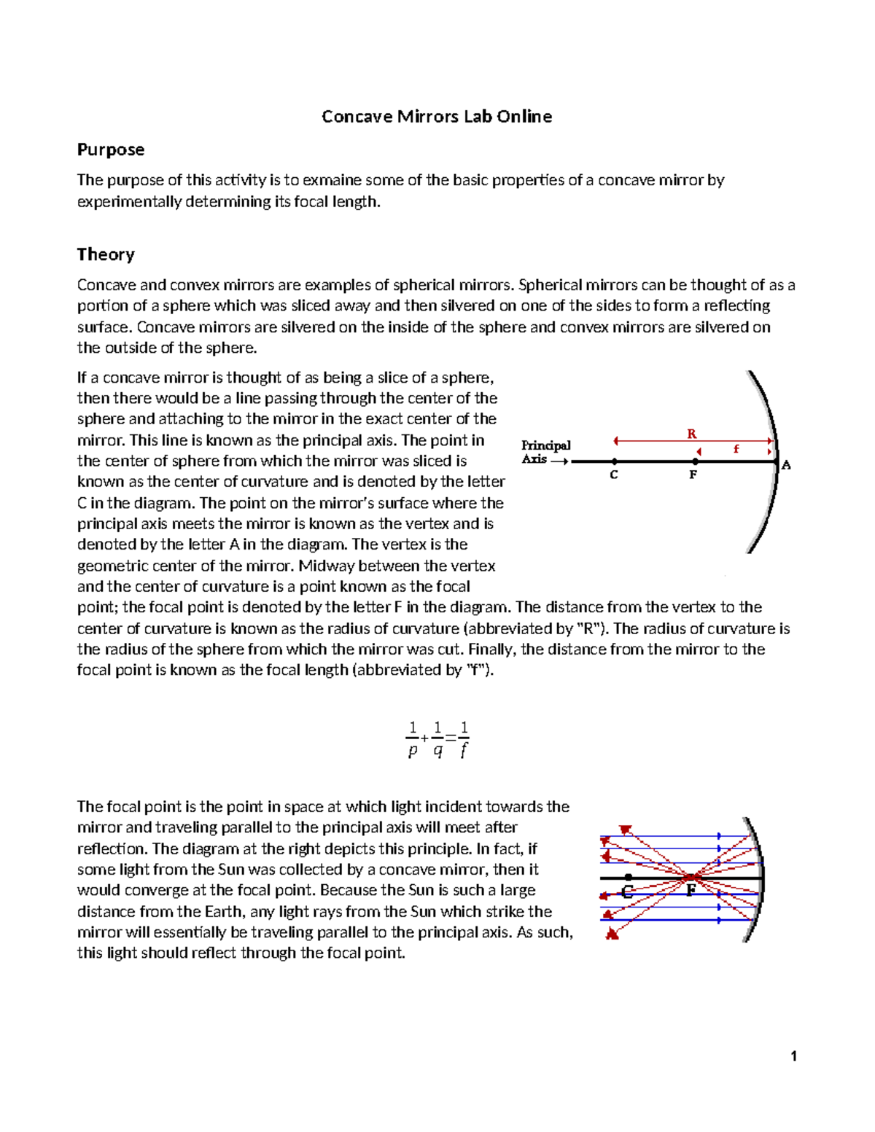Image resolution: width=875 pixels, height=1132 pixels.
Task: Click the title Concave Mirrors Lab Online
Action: pyautogui.click(x=436, y=117)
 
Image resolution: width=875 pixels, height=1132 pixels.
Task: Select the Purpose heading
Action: pyautogui.click(x=111, y=149)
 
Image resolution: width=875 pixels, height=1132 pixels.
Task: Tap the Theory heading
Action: pyautogui.click(x=106, y=254)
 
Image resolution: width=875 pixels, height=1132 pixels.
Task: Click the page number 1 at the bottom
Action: pyautogui.click(x=793, y=1056)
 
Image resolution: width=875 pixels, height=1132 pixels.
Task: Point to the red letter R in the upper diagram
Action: pyautogui.click(x=691, y=434)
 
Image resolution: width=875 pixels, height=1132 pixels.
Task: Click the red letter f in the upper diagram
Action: pyautogui.click(x=736, y=449)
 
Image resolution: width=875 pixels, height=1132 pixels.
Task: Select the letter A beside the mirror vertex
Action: pyautogui.click(x=786, y=465)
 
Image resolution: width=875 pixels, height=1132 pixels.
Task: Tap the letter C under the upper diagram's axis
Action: pyautogui.click(x=614, y=475)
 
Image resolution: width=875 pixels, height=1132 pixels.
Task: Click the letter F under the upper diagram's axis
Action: pyautogui.click(x=693, y=475)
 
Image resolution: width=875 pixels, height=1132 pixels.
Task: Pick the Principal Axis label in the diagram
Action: pyautogui.click(x=545, y=452)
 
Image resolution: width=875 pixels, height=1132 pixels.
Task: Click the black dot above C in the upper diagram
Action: pyautogui.click(x=615, y=461)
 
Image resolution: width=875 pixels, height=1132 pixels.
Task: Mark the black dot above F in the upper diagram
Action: pyautogui.click(x=696, y=461)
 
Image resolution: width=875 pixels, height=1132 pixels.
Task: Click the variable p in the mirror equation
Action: pyautogui.click(x=413, y=750)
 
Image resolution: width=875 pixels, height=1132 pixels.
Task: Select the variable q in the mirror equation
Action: pyautogui.click(x=437, y=750)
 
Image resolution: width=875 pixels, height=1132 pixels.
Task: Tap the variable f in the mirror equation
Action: pyautogui.click(x=464, y=750)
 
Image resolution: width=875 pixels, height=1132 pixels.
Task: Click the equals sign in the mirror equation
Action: pyautogui.click(x=451, y=738)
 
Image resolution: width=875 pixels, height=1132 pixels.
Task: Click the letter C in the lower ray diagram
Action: pyautogui.click(x=626, y=891)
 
